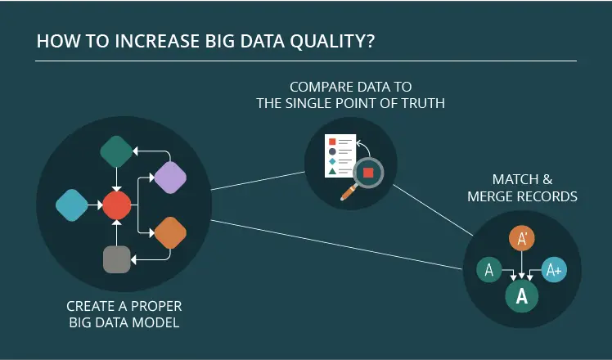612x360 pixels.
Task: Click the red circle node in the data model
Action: click(117, 205)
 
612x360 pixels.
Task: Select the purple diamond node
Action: click(170, 178)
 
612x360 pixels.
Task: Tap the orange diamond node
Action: click(170, 232)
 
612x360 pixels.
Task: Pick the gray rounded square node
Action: click(117, 259)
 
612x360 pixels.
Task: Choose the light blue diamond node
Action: click(72, 205)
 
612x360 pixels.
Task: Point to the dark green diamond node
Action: click(116, 151)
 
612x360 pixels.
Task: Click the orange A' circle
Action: click(522, 238)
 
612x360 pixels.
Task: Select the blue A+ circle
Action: click(554, 269)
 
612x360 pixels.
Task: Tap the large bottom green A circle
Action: click(522, 296)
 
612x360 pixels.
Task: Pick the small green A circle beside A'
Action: click(489, 269)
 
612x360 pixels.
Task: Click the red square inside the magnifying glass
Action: click(368, 173)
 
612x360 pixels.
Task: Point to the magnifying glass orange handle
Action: click(349, 192)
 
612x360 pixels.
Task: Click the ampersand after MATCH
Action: click(547, 180)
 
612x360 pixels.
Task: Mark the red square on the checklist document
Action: click(332, 142)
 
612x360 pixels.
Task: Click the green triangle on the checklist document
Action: click(332, 171)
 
